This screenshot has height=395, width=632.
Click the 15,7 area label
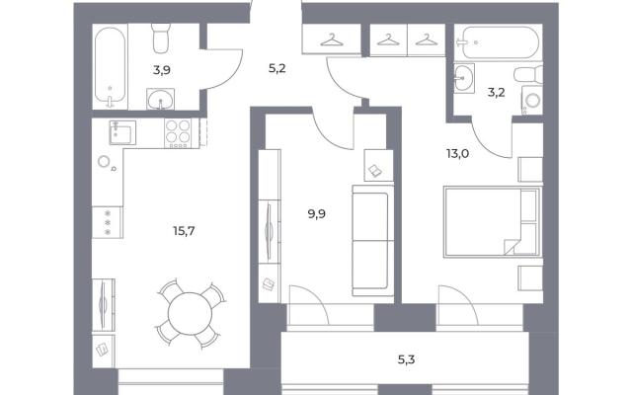[184, 231]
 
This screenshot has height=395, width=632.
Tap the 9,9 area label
[317, 214]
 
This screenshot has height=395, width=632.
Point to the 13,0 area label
[457, 153]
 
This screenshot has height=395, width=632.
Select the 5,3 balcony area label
[406, 359]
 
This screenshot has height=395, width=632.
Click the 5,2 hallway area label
[276, 68]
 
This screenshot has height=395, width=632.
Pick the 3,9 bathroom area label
[162, 70]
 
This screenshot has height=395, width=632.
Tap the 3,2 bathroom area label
[496, 92]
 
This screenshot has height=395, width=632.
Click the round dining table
[190, 314]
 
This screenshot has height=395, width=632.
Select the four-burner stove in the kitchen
[178, 133]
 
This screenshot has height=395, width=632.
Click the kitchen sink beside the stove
[122, 132]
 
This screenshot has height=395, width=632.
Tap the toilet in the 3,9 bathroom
[161, 38]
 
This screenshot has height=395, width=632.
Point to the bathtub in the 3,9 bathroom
[110, 67]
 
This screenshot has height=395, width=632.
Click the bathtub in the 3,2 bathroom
[500, 42]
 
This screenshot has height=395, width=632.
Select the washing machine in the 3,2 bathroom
[532, 100]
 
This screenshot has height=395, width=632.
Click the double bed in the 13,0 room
[492, 221]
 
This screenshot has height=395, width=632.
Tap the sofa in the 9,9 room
[373, 241]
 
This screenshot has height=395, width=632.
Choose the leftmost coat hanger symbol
[332, 39]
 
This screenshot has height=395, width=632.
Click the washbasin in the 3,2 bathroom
[464, 78]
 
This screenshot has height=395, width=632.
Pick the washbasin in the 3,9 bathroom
[161, 99]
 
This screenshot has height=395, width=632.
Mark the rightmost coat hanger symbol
[428, 39]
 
